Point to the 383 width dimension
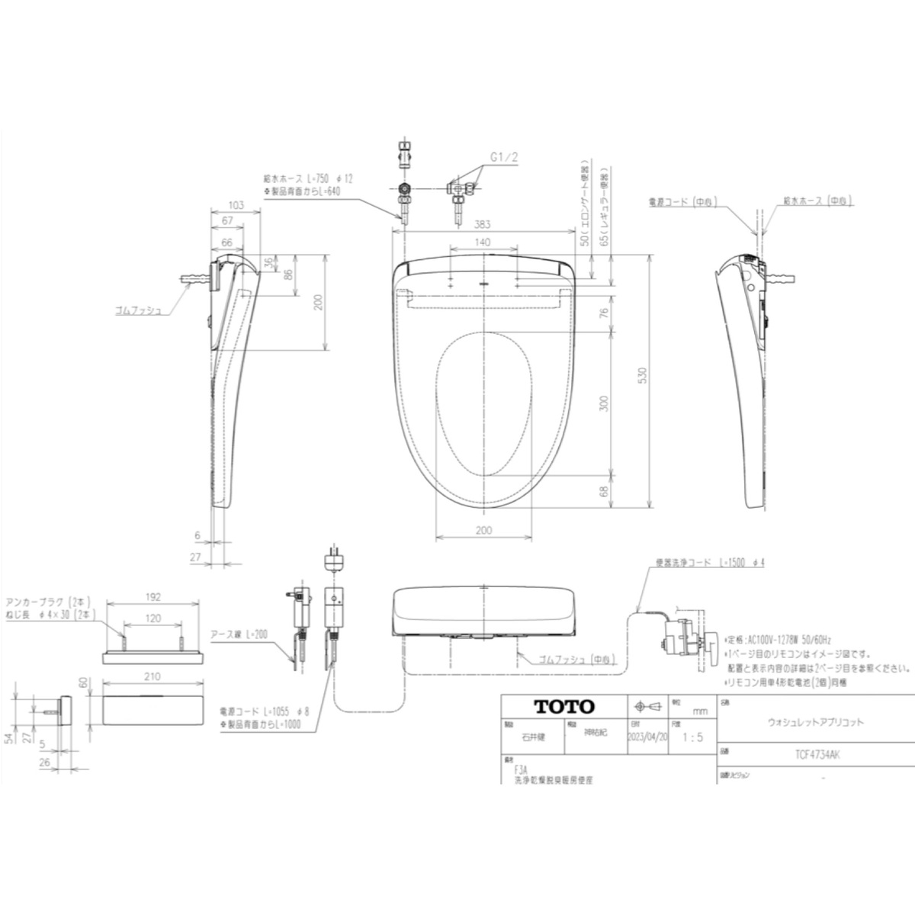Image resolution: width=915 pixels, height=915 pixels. tap(481, 225)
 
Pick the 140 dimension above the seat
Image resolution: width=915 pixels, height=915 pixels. tap(481, 242)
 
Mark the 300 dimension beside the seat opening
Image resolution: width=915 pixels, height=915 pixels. tap(604, 403)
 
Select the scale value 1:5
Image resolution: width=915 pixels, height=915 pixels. tap(692, 738)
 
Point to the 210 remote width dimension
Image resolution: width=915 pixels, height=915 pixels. tap(152, 676)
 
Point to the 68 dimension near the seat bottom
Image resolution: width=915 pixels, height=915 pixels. tap(604, 493)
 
